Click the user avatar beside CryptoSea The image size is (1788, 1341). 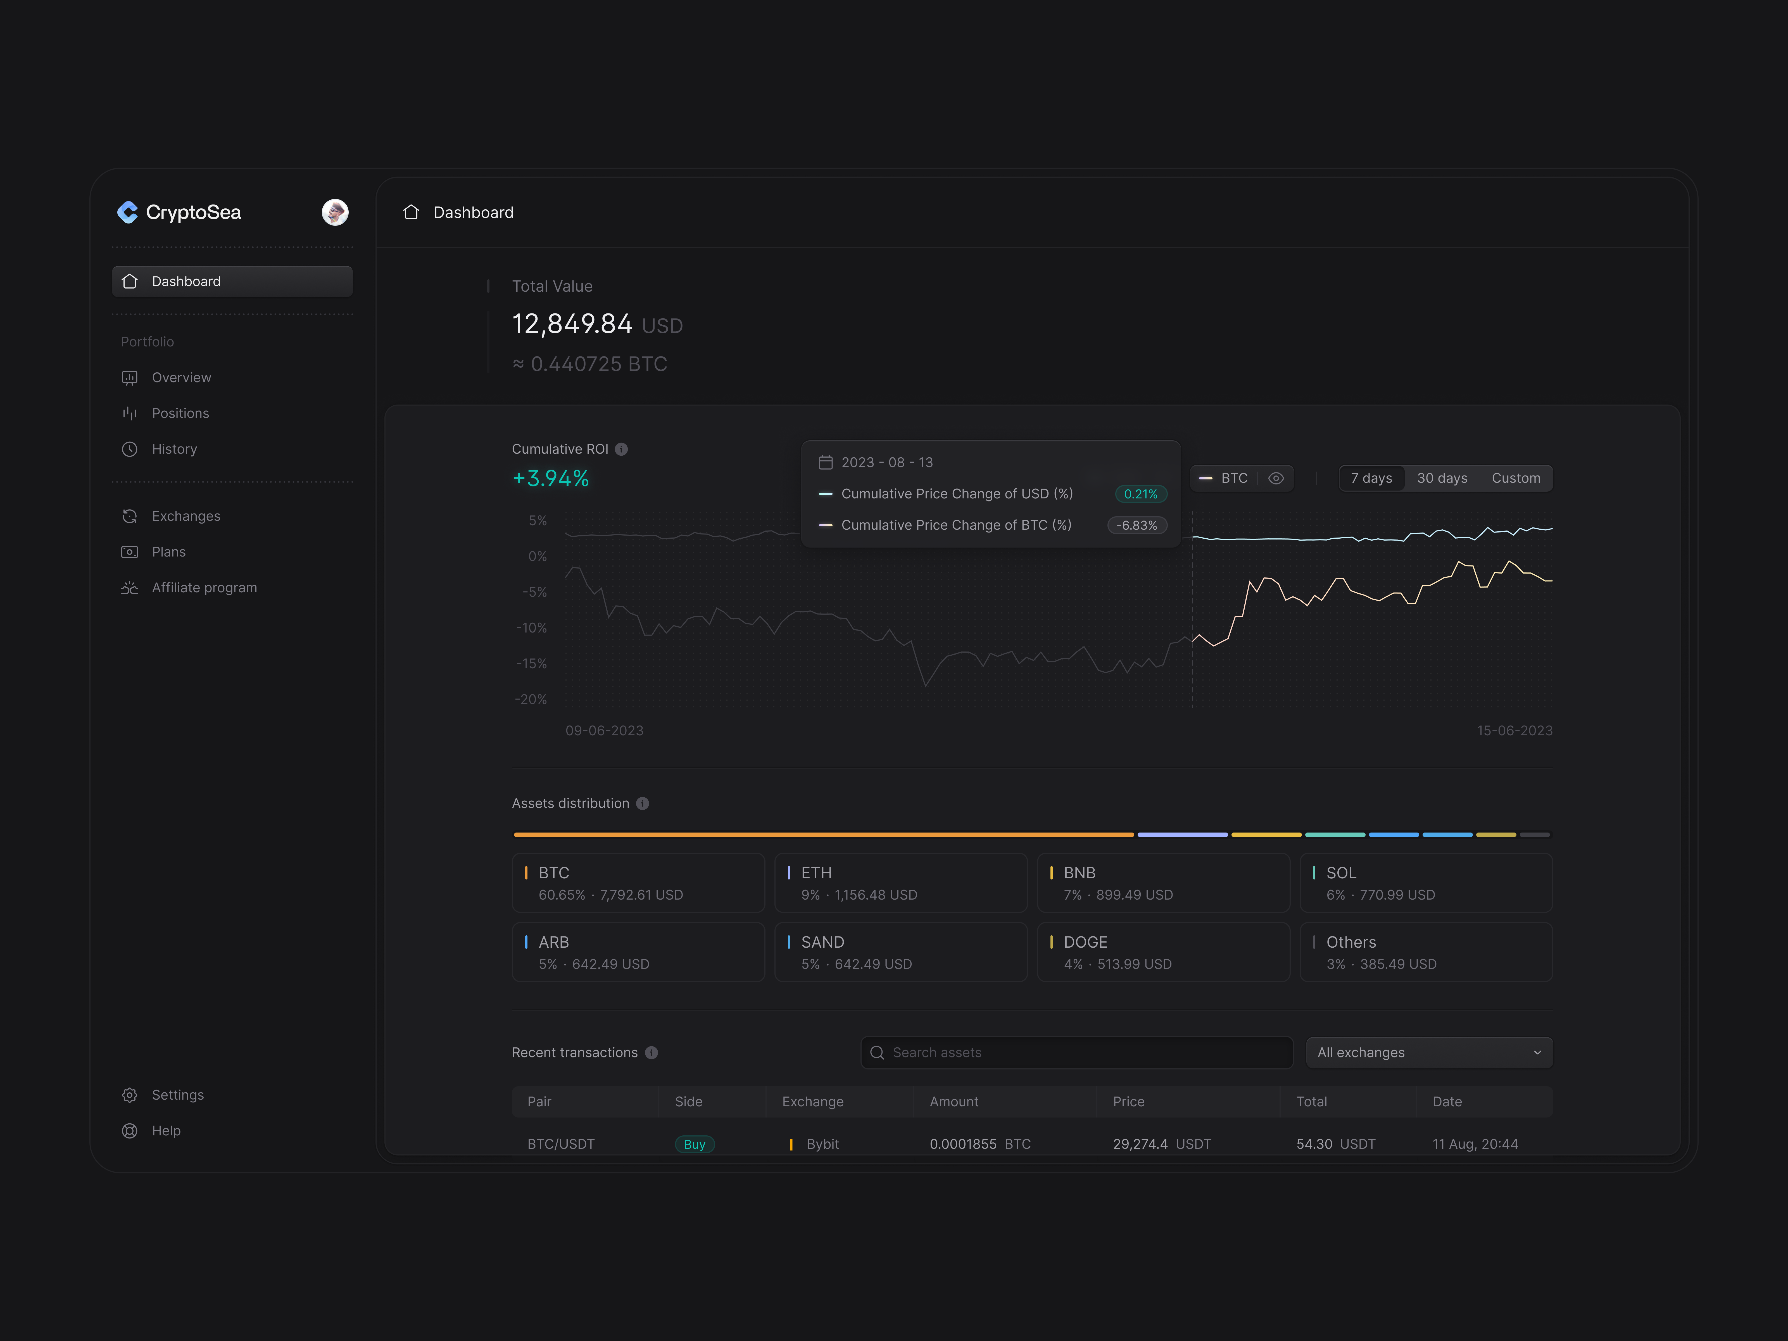335,212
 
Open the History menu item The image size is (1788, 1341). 174,449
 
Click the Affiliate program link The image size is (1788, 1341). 204,588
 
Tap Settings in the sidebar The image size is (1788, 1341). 177,1095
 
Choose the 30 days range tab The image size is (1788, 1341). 1441,478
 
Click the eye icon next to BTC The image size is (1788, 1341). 1276,478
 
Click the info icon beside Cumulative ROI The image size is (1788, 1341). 621,449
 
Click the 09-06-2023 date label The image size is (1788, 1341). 604,730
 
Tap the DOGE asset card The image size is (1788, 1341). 1162,952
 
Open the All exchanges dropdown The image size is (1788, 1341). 1428,1052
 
